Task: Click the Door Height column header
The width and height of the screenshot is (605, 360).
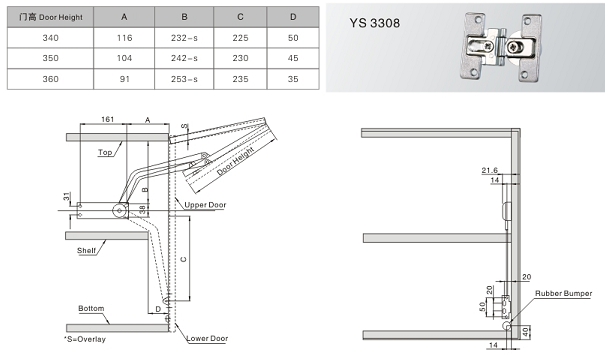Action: click(51, 17)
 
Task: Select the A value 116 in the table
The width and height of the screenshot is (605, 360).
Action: click(124, 38)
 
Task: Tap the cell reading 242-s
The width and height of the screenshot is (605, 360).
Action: click(184, 58)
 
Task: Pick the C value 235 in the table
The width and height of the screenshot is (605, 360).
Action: click(240, 79)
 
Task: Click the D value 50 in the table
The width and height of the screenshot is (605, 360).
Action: click(293, 38)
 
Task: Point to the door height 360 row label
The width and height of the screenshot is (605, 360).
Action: click(51, 79)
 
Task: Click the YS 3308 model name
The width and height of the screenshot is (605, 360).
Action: click(375, 23)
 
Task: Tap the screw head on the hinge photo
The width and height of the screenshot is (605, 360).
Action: click(515, 48)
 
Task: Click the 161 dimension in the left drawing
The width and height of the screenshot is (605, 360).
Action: click(107, 119)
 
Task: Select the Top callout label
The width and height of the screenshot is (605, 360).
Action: click(105, 152)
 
